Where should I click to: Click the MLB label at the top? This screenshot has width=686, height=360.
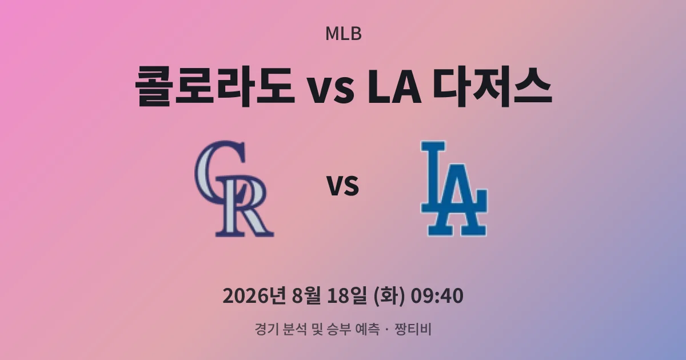pyautogui.click(x=344, y=34)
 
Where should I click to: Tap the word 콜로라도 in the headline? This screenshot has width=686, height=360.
pyautogui.click(x=215, y=87)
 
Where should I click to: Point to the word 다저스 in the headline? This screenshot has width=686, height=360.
pyautogui.click(x=492, y=87)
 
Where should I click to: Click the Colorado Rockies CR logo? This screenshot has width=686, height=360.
pyautogui.click(x=234, y=189)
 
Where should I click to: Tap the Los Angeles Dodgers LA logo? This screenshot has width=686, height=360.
pyautogui.click(x=453, y=188)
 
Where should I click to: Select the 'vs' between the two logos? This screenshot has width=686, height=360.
pyautogui.click(x=342, y=186)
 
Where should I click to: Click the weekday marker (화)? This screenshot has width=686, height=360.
pyautogui.click(x=389, y=296)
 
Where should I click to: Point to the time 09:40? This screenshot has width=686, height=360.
pyautogui.click(x=437, y=296)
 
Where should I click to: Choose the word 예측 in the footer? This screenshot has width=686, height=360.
pyautogui.click(x=367, y=329)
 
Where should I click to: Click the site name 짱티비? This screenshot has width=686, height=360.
pyautogui.click(x=413, y=329)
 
